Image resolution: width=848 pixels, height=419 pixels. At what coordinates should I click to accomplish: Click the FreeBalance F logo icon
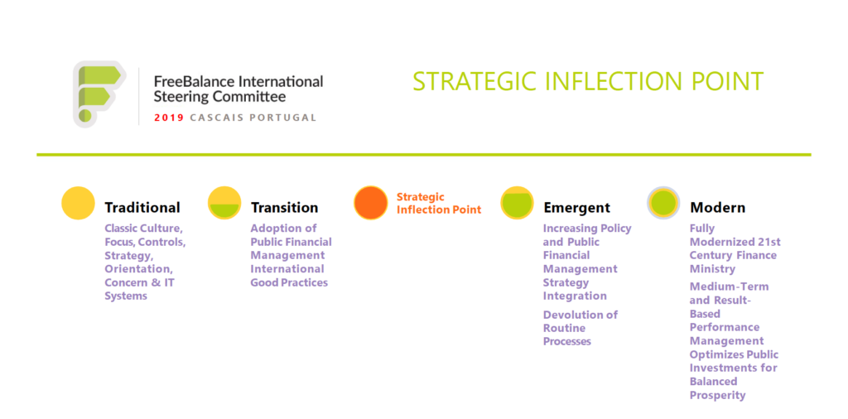pyautogui.click(x=99, y=94)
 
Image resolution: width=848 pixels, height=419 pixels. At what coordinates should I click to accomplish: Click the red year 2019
pyautogui.click(x=169, y=118)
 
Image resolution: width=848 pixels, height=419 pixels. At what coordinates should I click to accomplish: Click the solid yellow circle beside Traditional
pyautogui.click(x=78, y=203)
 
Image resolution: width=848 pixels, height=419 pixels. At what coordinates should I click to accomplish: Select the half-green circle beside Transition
pyautogui.click(x=224, y=203)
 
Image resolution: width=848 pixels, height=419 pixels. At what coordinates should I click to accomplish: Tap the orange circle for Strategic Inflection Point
pyautogui.click(x=370, y=203)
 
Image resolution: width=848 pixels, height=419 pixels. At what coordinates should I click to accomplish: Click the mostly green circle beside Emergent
pyautogui.click(x=517, y=203)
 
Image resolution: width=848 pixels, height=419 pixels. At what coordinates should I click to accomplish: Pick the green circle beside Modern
pyautogui.click(x=663, y=203)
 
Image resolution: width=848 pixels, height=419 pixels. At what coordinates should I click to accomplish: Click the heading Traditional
pyautogui.click(x=142, y=208)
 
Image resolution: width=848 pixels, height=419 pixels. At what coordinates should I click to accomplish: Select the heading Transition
pyautogui.click(x=285, y=208)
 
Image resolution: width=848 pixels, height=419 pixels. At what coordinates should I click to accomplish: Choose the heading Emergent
pyautogui.click(x=576, y=208)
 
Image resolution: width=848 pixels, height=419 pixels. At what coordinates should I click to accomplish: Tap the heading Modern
pyautogui.click(x=718, y=208)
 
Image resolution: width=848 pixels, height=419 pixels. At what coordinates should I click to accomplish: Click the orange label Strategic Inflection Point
pyautogui.click(x=439, y=203)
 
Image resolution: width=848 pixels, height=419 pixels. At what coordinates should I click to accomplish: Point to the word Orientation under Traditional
pyautogui.click(x=138, y=269)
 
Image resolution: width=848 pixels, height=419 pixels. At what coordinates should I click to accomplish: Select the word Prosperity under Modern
pyautogui.click(x=718, y=396)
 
